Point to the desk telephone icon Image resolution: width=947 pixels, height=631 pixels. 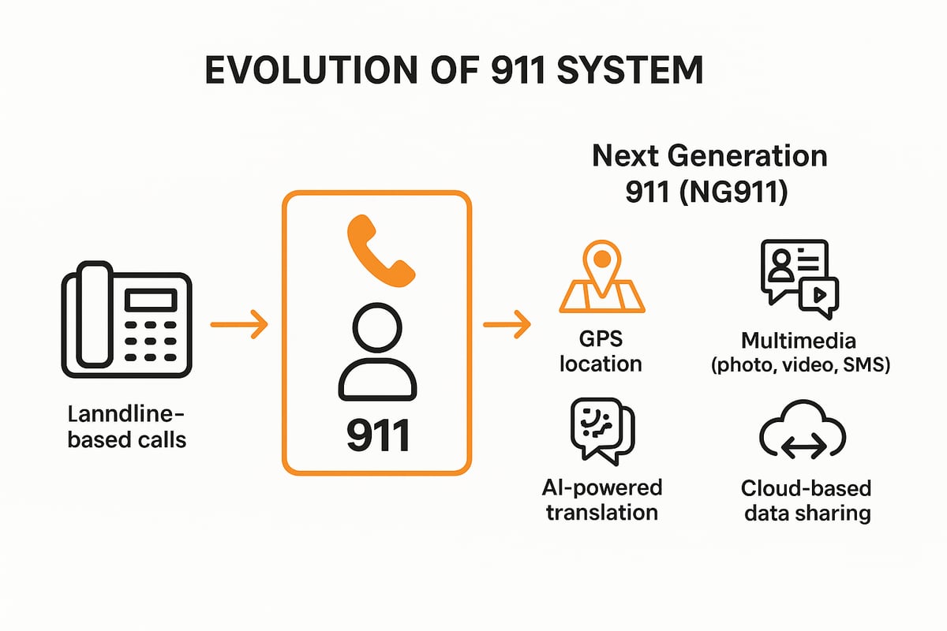click(x=125, y=324)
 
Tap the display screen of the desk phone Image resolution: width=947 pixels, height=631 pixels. click(x=150, y=299)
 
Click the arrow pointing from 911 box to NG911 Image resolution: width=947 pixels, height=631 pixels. click(x=506, y=324)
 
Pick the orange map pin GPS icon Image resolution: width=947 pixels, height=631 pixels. click(x=602, y=275)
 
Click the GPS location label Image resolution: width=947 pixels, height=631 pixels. click(x=602, y=352)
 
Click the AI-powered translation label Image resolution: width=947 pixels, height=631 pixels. click(x=602, y=499)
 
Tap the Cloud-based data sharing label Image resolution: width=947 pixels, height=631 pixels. click(x=806, y=501)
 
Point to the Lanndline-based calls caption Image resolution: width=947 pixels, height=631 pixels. click(x=126, y=427)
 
